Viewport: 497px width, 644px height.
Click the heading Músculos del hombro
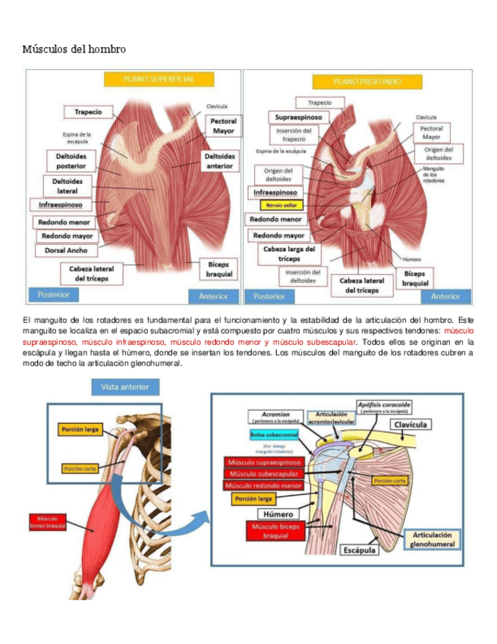74,49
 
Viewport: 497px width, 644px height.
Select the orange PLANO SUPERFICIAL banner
159,79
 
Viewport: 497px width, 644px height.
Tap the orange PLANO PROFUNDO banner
357,81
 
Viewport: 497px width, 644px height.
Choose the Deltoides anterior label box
219,160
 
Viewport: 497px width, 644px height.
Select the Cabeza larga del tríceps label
282,254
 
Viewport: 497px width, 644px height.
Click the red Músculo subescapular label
263,474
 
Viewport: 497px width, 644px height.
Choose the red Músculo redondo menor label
263,485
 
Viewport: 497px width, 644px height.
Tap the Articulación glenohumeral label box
432,539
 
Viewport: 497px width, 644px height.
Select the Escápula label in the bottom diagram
359,550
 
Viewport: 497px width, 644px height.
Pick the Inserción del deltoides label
303,277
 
